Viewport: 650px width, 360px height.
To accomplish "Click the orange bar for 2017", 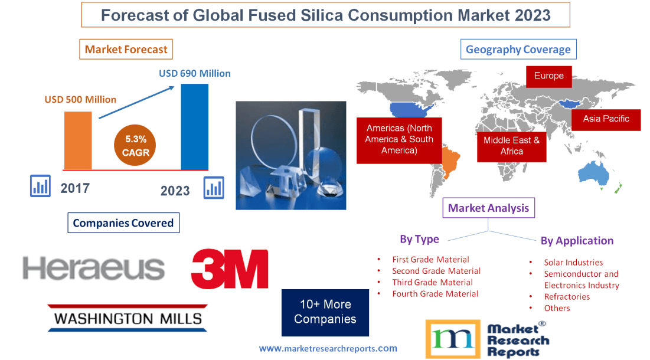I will click(78, 140).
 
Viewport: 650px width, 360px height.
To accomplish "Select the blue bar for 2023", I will click(194, 126).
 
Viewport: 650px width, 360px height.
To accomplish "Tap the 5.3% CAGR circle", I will click(136, 146).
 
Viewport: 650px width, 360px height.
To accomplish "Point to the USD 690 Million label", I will click(195, 74).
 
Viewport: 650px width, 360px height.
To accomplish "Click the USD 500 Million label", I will click(80, 99).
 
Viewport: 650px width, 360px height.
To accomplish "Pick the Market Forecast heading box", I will click(126, 50).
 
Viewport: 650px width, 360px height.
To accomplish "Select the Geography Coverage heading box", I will click(518, 50).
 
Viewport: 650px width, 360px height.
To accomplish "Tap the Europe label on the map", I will click(548, 76).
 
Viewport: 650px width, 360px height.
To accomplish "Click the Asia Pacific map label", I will click(606, 119).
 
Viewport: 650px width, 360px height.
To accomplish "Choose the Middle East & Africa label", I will click(511, 146).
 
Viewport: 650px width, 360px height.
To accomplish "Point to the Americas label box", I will click(399, 139).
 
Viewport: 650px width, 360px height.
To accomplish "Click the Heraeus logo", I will click(94, 269).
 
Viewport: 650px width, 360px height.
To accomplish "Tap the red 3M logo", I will click(229, 269).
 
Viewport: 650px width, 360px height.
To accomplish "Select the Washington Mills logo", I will click(128, 319).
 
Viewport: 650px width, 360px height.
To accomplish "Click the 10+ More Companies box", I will click(325, 312).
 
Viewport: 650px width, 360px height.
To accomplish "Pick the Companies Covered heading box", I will click(123, 223).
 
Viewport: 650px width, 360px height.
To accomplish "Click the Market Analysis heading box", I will click(489, 208).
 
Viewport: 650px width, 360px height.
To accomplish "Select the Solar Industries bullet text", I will click(573, 262).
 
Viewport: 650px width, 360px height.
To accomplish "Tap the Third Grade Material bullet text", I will click(432, 282).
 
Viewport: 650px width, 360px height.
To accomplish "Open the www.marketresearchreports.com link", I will click(328, 348).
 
